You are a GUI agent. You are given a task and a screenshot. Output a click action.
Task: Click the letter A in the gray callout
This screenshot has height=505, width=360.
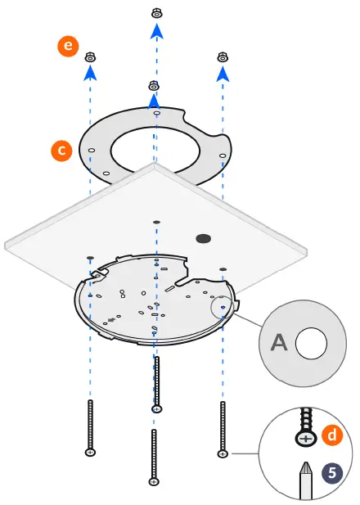pyautogui.click(x=279, y=343)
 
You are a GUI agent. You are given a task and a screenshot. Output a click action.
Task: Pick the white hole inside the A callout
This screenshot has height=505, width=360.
pyautogui.click(x=310, y=344)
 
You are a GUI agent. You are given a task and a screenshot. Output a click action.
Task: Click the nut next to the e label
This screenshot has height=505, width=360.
pyautogui.click(x=91, y=57)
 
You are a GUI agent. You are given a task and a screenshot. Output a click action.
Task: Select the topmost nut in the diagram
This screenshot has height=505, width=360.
pyautogui.click(x=156, y=13)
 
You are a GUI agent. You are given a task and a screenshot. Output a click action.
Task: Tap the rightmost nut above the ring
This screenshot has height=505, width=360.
pyautogui.click(x=222, y=56)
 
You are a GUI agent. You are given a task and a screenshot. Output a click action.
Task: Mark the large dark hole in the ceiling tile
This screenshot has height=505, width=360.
pyautogui.click(x=200, y=238)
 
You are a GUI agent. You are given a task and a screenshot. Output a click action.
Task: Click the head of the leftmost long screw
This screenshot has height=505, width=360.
pyautogui.click(x=90, y=451)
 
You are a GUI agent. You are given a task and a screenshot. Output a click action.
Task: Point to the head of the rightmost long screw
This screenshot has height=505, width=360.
pyautogui.click(x=222, y=452)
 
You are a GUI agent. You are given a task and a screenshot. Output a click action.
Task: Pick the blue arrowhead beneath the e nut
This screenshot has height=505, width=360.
pyautogui.click(x=91, y=73)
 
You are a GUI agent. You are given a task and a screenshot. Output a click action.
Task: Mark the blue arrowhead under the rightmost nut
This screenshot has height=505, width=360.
pyautogui.click(x=222, y=74)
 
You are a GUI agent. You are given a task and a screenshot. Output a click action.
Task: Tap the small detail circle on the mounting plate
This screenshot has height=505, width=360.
pyautogui.click(x=222, y=308)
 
